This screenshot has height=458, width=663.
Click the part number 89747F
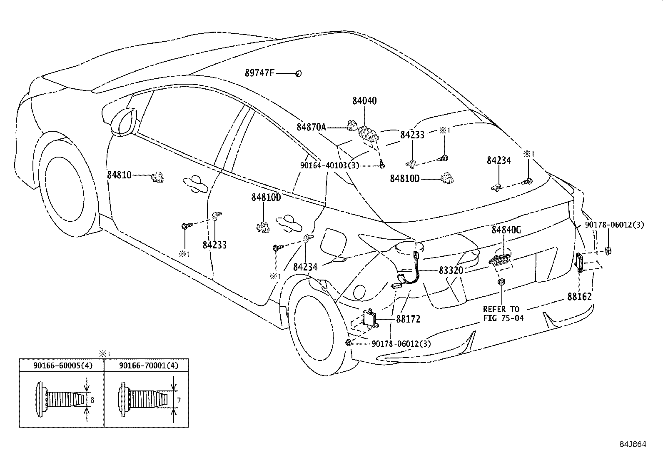pyautogui.click(x=259, y=73)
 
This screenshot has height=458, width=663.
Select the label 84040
pyautogui.click(x=364, y=101)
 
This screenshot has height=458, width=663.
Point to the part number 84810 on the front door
pyautogui.click(x=119, y=175)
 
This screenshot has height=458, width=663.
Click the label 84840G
pyautogui.click(x=506, y=230)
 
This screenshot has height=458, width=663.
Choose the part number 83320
pyautogui.click(x=451, y=270)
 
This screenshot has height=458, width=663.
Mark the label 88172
pyautogui.click(x=408, y=319)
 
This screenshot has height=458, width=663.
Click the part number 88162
pyautogui.click(x=579, y=297)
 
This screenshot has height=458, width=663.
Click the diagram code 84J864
pyautogui.click(x=632, y=444)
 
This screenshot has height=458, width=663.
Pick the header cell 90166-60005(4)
pyautogui.click(x=62, y=365)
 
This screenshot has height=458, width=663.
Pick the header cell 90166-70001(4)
pyautogui.click(x=148, y=365)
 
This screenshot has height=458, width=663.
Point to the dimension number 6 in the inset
pyautogui.click(x=92, y=400)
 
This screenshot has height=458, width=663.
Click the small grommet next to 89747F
pyautogui.click(x=298, y=74)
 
